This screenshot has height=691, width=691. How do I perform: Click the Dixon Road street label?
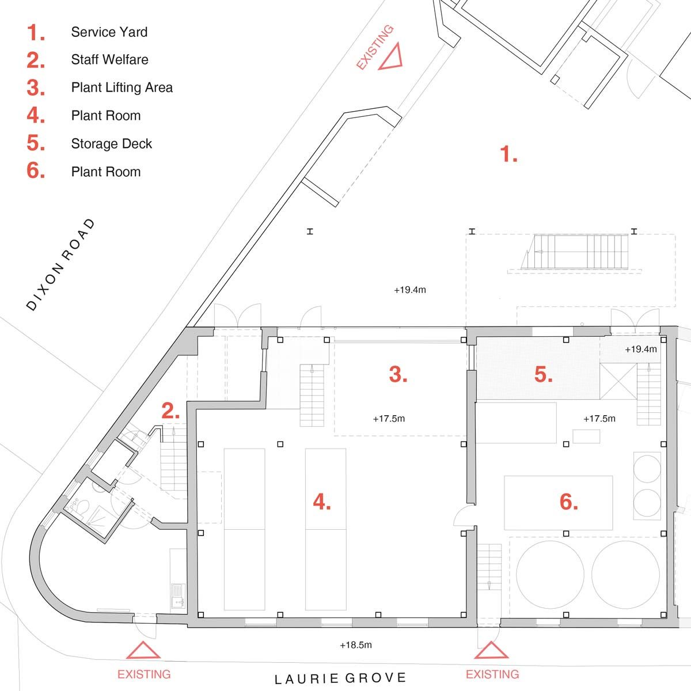tap(61, 265)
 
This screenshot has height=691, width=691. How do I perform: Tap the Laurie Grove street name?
tap(340, 679)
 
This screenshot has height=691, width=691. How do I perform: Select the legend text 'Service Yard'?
tap(109, 32)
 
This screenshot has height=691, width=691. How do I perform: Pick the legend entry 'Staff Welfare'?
tap(109, 60)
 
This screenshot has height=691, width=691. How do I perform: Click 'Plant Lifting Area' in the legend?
tap(122, 88)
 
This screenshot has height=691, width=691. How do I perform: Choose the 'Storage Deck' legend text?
tap(111, 143)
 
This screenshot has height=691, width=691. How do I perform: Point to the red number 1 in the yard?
tap(508, 154)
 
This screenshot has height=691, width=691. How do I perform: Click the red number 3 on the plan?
tap(398, 374)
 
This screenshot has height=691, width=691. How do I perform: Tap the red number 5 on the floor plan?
tap(543, 374)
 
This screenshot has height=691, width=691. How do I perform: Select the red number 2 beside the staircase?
tap(170, 411)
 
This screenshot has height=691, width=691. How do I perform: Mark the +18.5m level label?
tap(356, 645)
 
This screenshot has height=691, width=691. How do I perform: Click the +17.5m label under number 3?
tap(389, 419)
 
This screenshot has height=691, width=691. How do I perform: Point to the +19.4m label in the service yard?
tap(410, 290)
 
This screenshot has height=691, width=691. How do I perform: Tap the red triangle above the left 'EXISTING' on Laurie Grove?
tap(143, 651)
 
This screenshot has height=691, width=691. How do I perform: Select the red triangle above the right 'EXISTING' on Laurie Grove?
tap(491, 651)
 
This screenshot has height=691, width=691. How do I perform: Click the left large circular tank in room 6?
tap(550, 572)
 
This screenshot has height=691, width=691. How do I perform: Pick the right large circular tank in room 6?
tap(626, 572)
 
